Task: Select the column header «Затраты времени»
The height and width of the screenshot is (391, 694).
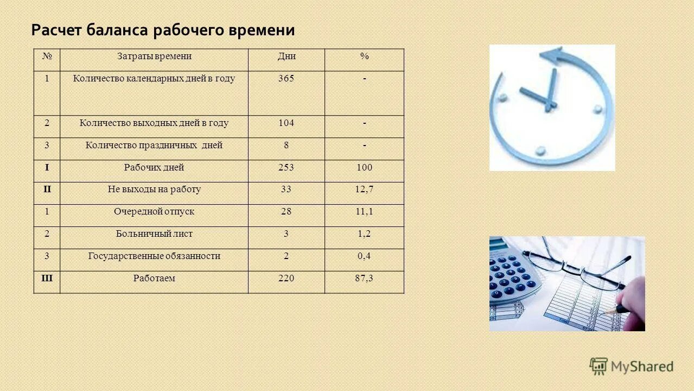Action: point(154,56)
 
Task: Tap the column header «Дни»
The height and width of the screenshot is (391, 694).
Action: point(286,56)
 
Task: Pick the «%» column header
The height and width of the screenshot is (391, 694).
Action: point(364,56)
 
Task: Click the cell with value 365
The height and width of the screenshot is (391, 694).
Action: point(286,78)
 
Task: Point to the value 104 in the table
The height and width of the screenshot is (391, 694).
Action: point(286,123)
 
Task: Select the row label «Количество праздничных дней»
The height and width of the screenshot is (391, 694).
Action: point(154,146)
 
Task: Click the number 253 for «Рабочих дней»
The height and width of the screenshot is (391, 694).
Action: point(286,168)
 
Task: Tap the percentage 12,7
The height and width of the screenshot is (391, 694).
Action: point(364,190)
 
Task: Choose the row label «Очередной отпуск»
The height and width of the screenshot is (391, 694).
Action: point(154,212)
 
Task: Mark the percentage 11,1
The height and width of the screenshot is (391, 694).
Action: point(364,212)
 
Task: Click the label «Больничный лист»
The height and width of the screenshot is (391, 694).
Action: point(154,234)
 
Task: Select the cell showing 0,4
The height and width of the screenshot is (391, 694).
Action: point(364,256)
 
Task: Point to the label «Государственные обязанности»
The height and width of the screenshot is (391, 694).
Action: point(154,256)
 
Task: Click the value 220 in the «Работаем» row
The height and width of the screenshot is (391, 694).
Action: point(286,279)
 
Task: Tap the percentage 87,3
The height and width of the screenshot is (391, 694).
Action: point(364,279)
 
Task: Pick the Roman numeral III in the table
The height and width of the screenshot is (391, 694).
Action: point(47,279)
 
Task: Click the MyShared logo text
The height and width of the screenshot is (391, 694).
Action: point(642,367)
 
